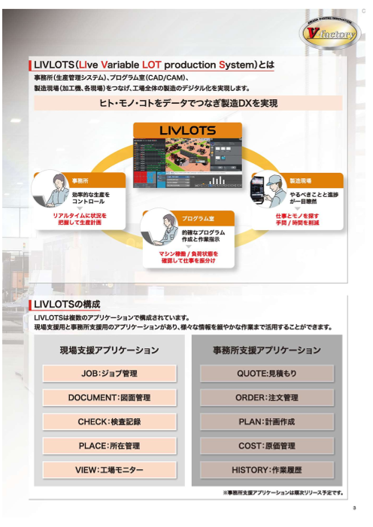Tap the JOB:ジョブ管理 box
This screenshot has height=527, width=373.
pyautogui.click(x=109, y=373)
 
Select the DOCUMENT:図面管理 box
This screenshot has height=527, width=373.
pyautogui.click(x=109, y=397)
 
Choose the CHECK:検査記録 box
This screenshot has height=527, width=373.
pyautogui.click(x=109, y=422)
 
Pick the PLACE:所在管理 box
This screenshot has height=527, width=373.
pyautogui.click(x=109, y=446)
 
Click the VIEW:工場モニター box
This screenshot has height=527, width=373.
pyautogui.click(x=109, y=470)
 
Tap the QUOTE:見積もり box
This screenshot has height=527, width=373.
pyautogui.click(x=266, y=373)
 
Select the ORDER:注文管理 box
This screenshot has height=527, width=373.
pyautogui.click(x=266, y=397)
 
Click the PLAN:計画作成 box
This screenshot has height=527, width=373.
pyautogui.click(x=266, y=422)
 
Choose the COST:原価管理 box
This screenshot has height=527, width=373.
pyautogui.click(x=266, y=446)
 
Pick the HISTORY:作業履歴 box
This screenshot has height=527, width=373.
pyautogui.click(x=266, y=470)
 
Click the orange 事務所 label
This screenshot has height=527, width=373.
pyautogui.click(x=81, y=181)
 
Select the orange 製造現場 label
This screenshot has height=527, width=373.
pyautogui.click(x=302, y=181)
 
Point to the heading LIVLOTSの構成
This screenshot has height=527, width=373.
pyautogui.click(x=68, y=304)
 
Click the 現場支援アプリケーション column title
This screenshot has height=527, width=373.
pyautogui.click(x=109, y=350)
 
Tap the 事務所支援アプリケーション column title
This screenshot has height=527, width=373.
pyautogui.click(x=266, y=350)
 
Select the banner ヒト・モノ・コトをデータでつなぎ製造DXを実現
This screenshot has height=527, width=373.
pyautogui.click(x=188, y=103)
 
